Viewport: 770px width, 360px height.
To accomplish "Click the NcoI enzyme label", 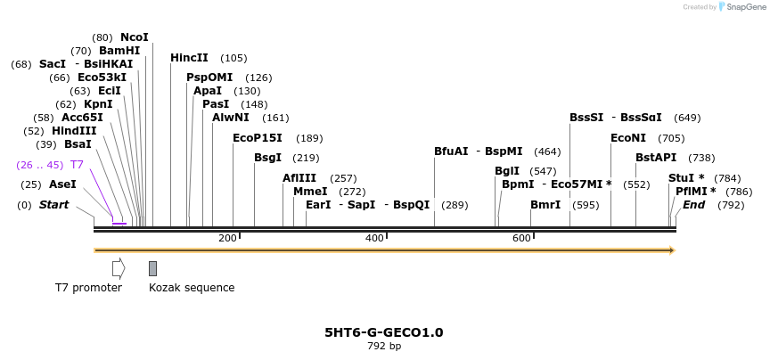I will click(135, 37).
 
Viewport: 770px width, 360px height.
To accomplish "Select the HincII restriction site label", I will click(189, 58).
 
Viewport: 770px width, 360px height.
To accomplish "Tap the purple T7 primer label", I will click(77, 165).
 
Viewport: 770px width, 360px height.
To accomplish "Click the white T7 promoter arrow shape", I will click(119, 268).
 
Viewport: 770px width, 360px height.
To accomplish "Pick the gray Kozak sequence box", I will click(153, 268).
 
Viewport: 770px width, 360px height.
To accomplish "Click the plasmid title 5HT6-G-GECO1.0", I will click(384, 332).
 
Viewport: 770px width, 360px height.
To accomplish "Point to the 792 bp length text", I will click(384, 346).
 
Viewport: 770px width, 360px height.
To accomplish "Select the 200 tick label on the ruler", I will click(227, 238).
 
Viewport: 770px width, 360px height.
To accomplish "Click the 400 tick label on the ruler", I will click(374, 238).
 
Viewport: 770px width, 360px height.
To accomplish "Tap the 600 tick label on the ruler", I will click(521, 238).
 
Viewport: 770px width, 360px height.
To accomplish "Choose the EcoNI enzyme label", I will click(628, 138).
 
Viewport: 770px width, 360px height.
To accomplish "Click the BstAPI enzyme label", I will click(656, 158).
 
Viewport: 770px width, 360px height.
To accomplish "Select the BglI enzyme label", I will click(507, 171).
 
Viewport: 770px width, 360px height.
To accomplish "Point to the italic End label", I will click(693, 205).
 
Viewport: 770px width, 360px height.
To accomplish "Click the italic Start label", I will click(53, 205).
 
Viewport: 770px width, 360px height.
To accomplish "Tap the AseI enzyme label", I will click(62, 184).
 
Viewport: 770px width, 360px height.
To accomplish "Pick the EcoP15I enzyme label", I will click(257, 138).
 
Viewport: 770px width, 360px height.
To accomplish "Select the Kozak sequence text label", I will click(192, 288).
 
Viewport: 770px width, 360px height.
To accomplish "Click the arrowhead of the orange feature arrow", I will click(671, 250).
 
